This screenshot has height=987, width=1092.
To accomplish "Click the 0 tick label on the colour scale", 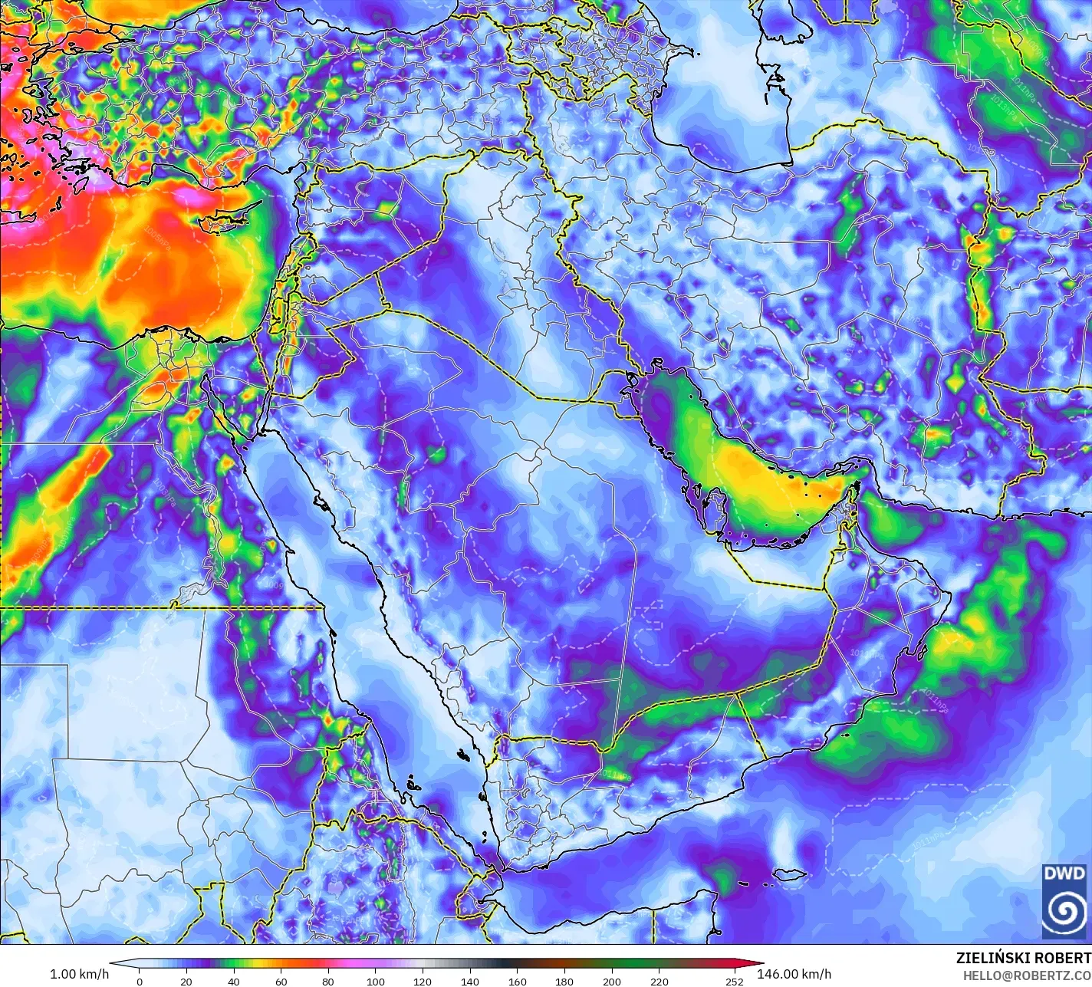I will (x=139, y=981).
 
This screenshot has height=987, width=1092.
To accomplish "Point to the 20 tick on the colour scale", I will (x=186, y=981).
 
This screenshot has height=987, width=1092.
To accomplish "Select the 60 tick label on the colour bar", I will (x=281, y=981).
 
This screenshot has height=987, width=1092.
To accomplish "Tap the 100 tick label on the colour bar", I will (x=375, y=981).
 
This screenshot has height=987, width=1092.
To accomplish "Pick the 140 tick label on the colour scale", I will (x=470, y=981).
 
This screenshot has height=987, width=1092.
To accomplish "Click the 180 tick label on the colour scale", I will (x=564, y=981).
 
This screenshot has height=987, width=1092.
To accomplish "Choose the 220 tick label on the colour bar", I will (x=659, y=981).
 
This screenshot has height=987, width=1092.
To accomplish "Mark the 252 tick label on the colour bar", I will (x=735, y=981).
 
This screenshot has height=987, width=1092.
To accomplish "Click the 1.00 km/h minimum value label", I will (x=79, y=974).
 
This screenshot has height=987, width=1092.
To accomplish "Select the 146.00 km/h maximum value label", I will (x=794, y=974).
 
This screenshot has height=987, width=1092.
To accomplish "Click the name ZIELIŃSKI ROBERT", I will (x=1023, y=958).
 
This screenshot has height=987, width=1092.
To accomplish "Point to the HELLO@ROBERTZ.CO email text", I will (x=1027, y=975).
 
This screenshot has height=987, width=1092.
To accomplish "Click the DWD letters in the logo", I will (x=1064, y=873).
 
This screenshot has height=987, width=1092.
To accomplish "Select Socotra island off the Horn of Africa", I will (x=789, y=874).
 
